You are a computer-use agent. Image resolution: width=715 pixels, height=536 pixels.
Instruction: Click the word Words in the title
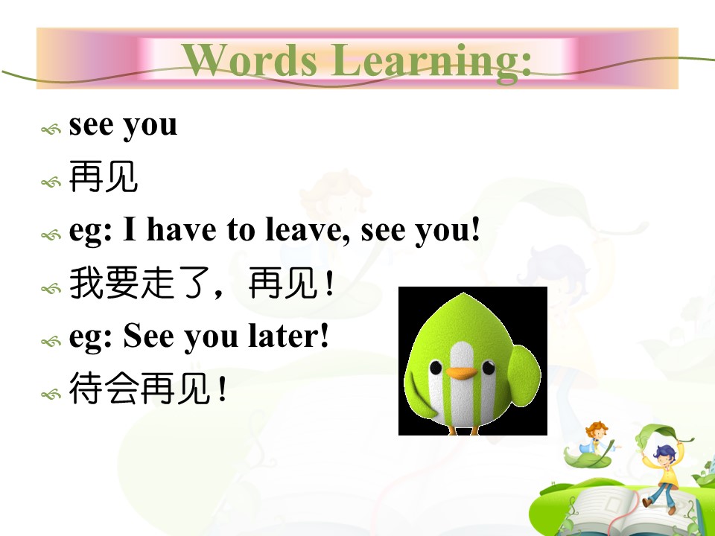pyautogui.click(x=250, y=60)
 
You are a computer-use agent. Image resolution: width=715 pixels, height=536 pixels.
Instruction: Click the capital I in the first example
pyautogui.click(x=130, y=229)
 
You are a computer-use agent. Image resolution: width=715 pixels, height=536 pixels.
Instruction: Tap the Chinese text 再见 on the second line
pyautogui.click(x=103, y=177)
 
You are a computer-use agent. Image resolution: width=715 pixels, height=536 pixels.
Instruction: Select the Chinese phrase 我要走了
pyautogui.click(x=139, y=283)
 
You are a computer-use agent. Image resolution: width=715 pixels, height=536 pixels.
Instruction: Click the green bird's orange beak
pyautogui.click(x=462, y=373)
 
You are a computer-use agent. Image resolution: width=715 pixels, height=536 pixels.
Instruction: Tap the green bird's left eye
pyautogui.click(x=436, y=367)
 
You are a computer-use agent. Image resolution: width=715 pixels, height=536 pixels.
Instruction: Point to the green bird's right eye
pyautogui.click(x=489, y=367)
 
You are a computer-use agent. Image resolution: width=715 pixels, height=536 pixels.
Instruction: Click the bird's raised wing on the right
pyautogui.click(x=524, y=375)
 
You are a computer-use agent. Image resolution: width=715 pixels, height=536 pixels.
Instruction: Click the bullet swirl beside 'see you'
pyautogui.click(x=51, y=130)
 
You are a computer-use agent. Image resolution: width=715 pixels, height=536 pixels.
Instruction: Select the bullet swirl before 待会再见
pyautogui.click(x=51, y=394)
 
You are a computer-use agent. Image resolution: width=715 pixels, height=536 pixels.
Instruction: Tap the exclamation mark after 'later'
pyautogui.click(x=324, y=336)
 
